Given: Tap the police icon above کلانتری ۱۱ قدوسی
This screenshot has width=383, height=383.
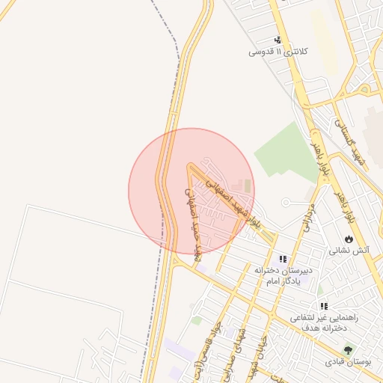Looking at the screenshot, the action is point(278,40).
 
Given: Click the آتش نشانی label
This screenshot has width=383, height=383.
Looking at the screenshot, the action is point(347,251).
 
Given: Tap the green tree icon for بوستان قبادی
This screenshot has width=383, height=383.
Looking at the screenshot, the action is point(348,349).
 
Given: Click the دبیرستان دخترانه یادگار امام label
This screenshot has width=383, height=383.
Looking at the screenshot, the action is point(283,274).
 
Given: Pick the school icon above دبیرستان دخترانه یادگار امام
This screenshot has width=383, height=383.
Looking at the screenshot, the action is point(283,258).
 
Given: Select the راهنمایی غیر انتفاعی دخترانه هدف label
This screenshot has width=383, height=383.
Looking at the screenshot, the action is point(324,322).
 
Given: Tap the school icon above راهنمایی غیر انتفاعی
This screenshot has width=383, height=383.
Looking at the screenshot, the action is point(324,306).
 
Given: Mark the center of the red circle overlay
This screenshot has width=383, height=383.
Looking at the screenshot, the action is point(191,191).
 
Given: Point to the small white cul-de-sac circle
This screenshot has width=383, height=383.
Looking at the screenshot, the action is point(286,203).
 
